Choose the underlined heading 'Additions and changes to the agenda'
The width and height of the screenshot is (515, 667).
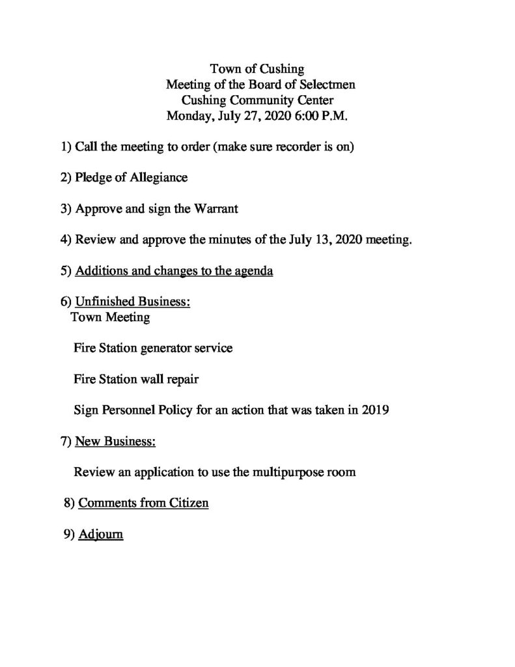point(174,271)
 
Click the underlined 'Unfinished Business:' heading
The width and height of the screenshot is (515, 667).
point(133,302)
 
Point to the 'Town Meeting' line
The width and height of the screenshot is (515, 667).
point(110,318)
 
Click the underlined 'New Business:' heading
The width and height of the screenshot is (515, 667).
point(115,442)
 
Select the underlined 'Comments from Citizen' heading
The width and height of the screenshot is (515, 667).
point(143,504)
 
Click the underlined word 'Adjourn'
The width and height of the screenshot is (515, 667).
point(100,535)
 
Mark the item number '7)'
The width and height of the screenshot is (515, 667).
point(66,442)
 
